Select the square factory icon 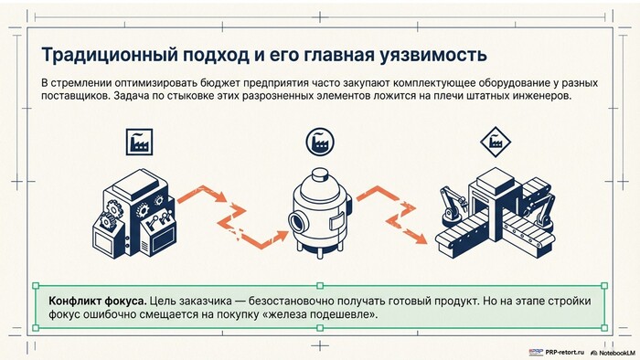pos(139,142)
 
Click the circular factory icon pos(320,142)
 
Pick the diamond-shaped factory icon pos(496,142)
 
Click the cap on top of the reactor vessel pos(320,175)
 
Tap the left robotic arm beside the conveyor pos(451,206)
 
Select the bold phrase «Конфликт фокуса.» pos(98,302)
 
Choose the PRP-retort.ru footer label pos(557,352)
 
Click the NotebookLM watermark pos(613,353)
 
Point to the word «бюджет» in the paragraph pos(220,83)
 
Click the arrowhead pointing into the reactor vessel pos(283,236)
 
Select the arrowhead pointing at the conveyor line pos(421,238)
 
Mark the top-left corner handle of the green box pos(36,286)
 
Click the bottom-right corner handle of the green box pos(605,328)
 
